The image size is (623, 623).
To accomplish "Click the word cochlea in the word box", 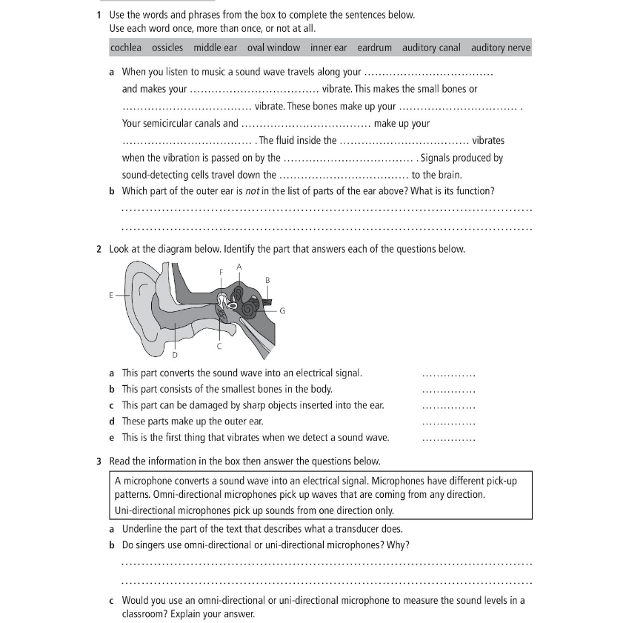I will [x=126, y=48].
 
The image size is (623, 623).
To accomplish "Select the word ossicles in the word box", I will [x=167, y=48].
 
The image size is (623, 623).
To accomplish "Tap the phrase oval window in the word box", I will [x=273, y=48].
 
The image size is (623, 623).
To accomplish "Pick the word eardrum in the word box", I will [x=374, y=48].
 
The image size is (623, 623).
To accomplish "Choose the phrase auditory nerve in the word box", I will [x=501, y=48].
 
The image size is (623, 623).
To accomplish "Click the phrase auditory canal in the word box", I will [x=431, y=48].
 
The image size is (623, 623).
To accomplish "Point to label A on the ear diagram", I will [x=239, y=266].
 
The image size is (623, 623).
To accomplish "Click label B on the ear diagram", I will [x=267, y=279].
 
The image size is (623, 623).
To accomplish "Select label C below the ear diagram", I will [x=219, y=346].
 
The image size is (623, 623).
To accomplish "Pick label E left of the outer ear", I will [x=112, y=295].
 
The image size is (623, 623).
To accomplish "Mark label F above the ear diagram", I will [x=221, y=272].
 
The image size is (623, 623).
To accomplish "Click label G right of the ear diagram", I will [x=282, y=311].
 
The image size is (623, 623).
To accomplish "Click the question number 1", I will [x=99, y=15].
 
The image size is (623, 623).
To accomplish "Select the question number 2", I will [x=99, y=249].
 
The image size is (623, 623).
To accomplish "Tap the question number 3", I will [x=99, y=461].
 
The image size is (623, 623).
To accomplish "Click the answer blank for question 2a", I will [x=448, y=374].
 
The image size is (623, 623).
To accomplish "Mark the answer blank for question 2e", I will [x=448, y=439].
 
